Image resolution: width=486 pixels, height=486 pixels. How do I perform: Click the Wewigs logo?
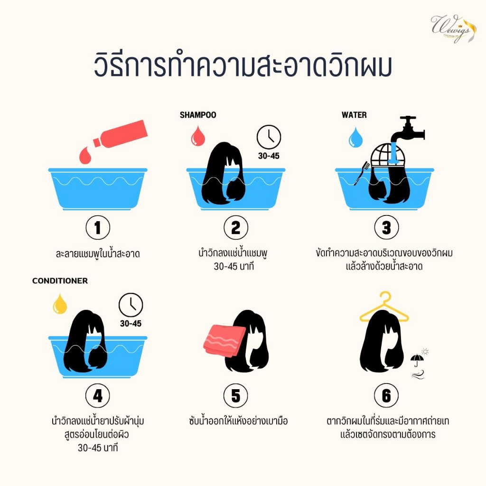(452, 28)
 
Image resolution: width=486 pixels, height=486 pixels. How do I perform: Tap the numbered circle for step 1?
(98, 227)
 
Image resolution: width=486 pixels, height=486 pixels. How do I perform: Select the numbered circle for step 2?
(236, 227)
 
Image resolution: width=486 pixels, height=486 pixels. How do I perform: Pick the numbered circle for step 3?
(386, 227)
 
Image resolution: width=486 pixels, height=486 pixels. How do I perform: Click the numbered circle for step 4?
(98, 395)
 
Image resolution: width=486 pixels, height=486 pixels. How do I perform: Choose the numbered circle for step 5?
(236, 395)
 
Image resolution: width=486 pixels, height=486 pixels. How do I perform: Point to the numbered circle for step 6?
(386, 395)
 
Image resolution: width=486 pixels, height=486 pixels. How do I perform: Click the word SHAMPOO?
(198, 115)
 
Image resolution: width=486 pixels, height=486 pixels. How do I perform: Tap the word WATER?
(354, 115)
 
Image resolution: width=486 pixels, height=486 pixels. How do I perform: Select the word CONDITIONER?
(60, 281)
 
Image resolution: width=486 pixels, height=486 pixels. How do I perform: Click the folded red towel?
(224, 341)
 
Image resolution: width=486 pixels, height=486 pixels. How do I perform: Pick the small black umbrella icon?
(417, 360)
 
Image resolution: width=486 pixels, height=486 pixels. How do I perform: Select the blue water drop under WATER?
(355, 138)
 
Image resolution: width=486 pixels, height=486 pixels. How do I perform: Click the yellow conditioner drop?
(60, 304)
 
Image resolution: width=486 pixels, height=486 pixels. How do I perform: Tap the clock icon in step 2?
(269, 137)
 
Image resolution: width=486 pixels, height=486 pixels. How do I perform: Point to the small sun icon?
(425, 352)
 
